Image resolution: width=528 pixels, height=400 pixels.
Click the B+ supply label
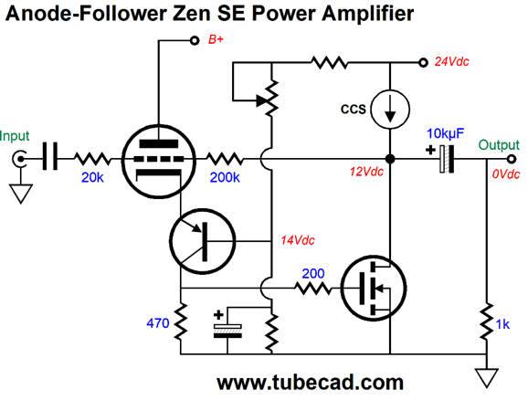point(216,39)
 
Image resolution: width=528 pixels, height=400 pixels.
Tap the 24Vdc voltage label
point(451,61)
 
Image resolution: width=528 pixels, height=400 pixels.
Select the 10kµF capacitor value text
point(445,134)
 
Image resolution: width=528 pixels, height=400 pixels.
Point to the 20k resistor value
point(92,177)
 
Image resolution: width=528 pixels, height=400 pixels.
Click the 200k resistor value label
point(225,177)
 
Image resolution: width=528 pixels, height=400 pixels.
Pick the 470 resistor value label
point(158,323)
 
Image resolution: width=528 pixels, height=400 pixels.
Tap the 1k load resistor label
point(502,324)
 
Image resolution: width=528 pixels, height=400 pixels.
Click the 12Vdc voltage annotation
point(366,172)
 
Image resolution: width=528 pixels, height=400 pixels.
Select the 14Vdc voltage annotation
point(298,240)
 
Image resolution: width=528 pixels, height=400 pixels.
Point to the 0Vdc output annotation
point(506,174)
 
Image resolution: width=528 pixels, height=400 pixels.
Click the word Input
point(15,136)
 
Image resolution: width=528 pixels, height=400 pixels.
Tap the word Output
point(499,145)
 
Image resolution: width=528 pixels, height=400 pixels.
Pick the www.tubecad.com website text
point(311,383)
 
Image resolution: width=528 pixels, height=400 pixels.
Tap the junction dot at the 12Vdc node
point(390,159)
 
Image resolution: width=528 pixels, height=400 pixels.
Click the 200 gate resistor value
point(312,273)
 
